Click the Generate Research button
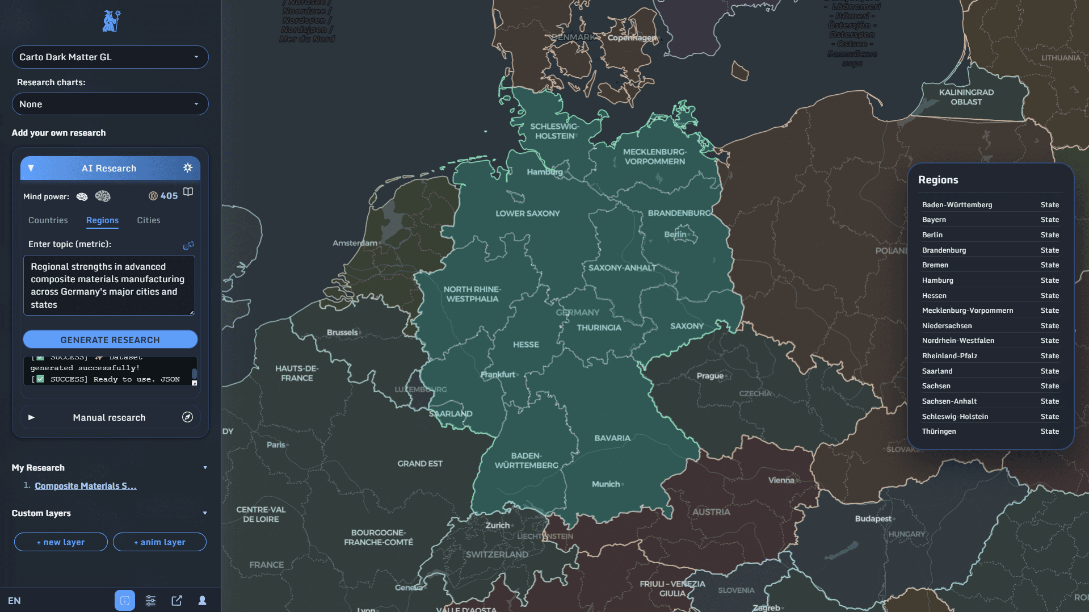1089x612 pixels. tap(110, 339)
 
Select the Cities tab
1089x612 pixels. tap(149, 220)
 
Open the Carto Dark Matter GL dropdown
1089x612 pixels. tap(110, 57)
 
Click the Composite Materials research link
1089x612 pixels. tap(86, 486)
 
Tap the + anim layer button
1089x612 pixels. tap(159, 542)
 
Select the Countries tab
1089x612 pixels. tap(48, 220)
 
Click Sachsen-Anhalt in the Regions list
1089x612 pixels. tap(949, 401)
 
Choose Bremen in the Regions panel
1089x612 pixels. tap(935, 265)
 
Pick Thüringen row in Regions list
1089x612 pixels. tap(939, 431)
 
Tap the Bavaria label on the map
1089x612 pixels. tap(612, 438)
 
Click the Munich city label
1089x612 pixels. tap(606, 484)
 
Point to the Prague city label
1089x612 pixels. tap(710, 376)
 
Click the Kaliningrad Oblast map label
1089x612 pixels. tap(966, 97)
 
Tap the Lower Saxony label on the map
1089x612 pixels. tap(527, 213)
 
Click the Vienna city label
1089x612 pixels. tap(781, 480)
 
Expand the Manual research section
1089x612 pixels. tap(110, 417)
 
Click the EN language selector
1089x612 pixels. tap(14, 601)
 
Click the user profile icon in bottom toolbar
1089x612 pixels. tap(202, 601)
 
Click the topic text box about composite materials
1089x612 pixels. tap(108, 285)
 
